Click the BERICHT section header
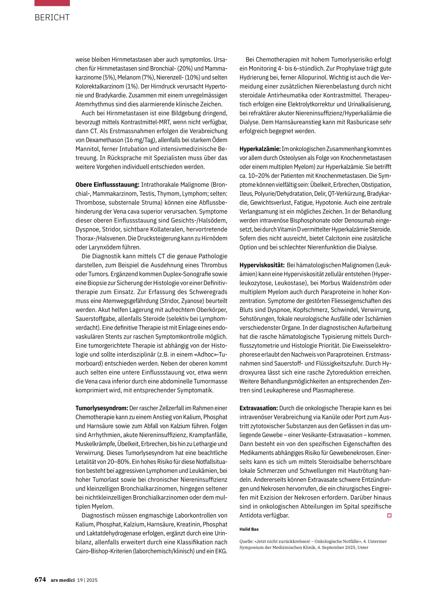pyautogui.click(x=52, y=17)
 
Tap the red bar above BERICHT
pyautogui.click(x=52, y=3)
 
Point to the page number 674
pyautogui.click(x=40, y=580)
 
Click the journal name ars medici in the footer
pyautogui.click(x=62, y=580)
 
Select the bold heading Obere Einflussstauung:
pyautogui.click(x=107, y=185)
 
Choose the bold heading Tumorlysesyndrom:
pyautogui.click(x=102, y=408)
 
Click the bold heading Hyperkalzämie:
pyautogui.click(x=260, y=149)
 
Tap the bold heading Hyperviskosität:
pyautogui.click(x=262, y=265)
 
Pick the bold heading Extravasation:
pyautogui.click(x=258, y=408)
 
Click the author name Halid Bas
pyautogui.click(x=249, y=529)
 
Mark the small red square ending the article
pyautogui.click(x=389, y=516)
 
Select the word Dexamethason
pyautogui.click(x=104, y=140)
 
